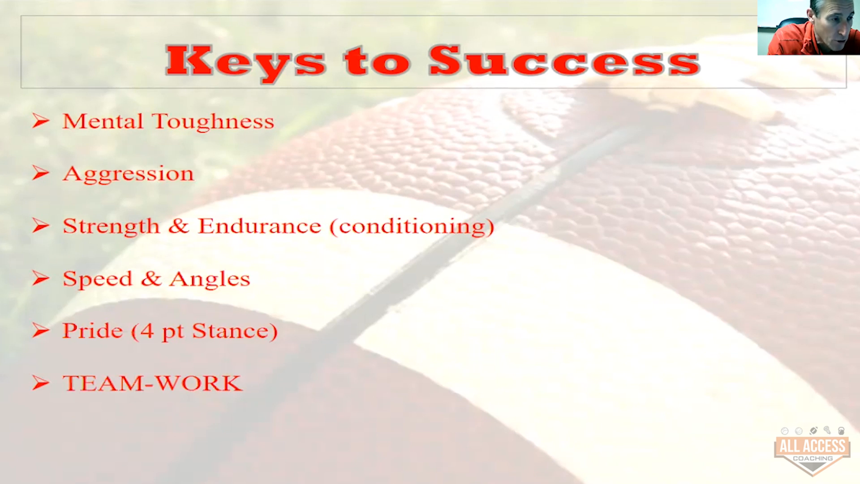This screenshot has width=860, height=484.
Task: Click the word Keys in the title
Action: pyautogui.click(x=245, y=63)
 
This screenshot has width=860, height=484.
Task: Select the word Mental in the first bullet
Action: pyautogui.click(x=103, y=121)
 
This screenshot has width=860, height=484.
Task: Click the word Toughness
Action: pyautogui.click(x=213, y=122)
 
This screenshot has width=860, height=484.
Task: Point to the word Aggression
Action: pyautogui.click(x=128, y=174)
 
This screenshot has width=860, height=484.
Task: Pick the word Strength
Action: pyautogui.click(x=111, y=226)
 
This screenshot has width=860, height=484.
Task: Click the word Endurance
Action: pyautogui.click(x=260, y=226)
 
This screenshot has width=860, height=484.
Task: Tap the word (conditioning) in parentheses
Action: pyautogui.click(x=412, y=227)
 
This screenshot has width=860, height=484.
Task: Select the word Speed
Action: pyautogui.click(x=98, y=279)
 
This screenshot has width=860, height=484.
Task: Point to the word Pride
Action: pyautogui.click(x=92, y=331)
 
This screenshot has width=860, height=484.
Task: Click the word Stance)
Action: pyautogui.click(x=235, y=331)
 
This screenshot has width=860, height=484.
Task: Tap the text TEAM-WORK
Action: pyautogui.click(x=152, y=384)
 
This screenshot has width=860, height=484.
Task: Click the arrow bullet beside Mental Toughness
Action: pyautogui.click(x=41, y=121)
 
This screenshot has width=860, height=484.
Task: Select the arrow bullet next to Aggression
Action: pyautogui.click(x=41, y=173)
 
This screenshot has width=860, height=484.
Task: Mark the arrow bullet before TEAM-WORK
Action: pyautogui.click(x=41, y=383)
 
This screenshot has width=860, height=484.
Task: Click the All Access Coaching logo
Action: pyautogui.click(x=812, y=451)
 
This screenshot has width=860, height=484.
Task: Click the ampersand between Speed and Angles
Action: pyautogui.click(x=151, y=279)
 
